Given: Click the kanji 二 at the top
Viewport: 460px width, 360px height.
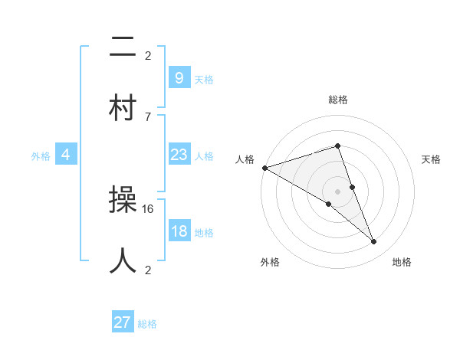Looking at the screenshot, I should tap(123, 48).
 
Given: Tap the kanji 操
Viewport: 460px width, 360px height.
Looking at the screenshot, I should tap(123, 202).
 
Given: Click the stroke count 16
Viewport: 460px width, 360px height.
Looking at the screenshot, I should tap(149, 208).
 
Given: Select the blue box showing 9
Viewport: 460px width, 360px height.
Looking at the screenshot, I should tap(179, 78).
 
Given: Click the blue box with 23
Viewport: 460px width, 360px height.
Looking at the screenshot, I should tap(179, 155).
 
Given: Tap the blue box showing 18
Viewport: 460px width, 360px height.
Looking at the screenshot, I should tap(179, 232).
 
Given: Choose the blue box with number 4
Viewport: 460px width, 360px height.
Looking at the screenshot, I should tap(66, 155).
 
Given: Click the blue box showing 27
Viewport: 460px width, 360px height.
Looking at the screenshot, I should tap(123, 322).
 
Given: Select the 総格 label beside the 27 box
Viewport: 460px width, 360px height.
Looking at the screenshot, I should tap(147, 324).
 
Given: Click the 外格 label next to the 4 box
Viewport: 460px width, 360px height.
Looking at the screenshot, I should tap(41, 156).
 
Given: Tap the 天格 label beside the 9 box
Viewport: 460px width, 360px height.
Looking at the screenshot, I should tap(204, 80).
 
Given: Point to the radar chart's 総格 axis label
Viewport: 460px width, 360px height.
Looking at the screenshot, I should tap(338, 100).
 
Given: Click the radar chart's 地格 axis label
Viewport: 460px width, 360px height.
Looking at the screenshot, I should tap(402, 263).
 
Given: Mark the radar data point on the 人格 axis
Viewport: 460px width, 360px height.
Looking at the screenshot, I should tap(264, 168).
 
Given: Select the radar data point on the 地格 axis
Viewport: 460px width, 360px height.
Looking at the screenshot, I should tap(374, 242).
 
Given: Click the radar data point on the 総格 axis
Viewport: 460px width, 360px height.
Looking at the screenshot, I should tap(338, 146).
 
